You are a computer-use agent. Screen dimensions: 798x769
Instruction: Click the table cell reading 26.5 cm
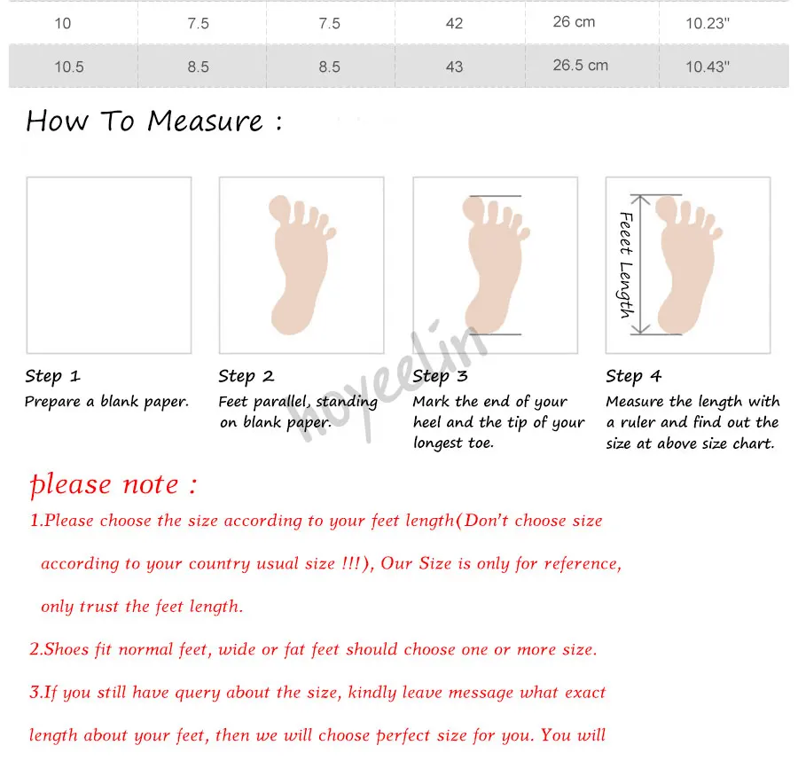[x=580, y=65]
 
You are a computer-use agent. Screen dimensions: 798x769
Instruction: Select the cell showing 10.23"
[x=708, y=23]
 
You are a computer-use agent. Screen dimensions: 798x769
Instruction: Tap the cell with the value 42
[x=454, y=23]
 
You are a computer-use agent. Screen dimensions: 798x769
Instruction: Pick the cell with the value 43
[x=454, y=67]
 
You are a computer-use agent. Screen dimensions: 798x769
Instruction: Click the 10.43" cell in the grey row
[x=708, y=67]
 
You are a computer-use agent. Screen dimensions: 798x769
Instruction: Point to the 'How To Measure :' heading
[x=154, y=122]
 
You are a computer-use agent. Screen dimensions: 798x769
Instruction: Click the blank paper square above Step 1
[x=109, y=265]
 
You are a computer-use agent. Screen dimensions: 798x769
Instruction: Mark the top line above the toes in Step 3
[x=495, y=196]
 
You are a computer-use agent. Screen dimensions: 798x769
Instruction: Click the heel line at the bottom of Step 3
[x=495, y=334]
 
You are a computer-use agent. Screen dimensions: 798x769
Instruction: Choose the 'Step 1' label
[x=53, y=376]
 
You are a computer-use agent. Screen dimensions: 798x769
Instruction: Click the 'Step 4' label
[x=634, y=376]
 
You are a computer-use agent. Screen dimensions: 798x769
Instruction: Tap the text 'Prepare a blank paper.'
[x=107, y=402]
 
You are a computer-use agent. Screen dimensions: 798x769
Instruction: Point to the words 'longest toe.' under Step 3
[x=453, y=443]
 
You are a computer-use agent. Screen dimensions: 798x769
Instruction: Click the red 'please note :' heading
[x=113, y=484]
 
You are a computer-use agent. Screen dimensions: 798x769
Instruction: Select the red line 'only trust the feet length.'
[x=142, y=606]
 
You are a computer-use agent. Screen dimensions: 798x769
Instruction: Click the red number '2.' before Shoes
[x=35, y=649]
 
